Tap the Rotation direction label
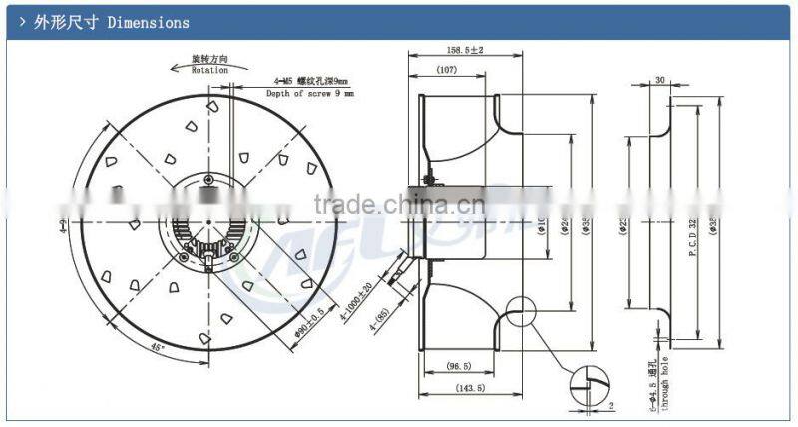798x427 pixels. (210, 71)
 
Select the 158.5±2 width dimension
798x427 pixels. (466, 49)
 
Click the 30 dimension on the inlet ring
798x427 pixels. (660, 81)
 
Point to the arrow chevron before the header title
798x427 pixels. (22, 22)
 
